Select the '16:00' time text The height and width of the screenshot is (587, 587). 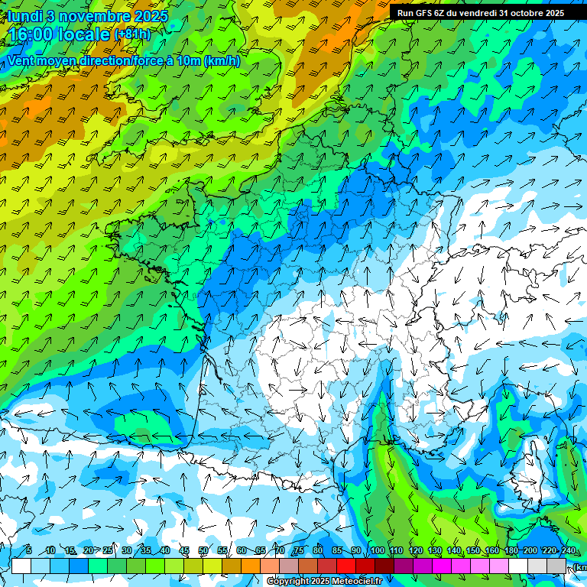[31, 34]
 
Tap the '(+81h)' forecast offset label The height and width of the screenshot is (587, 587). [133, 34]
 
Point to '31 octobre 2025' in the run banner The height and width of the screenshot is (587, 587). [531, 13]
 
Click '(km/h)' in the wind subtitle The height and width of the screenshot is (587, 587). [222, 61]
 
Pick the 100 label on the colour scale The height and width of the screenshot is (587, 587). [377, 551]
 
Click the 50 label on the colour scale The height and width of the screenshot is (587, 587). [203, 551]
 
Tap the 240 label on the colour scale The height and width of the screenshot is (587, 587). [569, 551]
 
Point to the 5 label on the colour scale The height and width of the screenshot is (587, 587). [29, 551]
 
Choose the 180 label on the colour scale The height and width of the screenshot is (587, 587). [511, 551]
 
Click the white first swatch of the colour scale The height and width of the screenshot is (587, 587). [21, 566]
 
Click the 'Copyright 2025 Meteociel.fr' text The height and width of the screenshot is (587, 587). [324, 582]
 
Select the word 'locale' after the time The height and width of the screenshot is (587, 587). [83, 34]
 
